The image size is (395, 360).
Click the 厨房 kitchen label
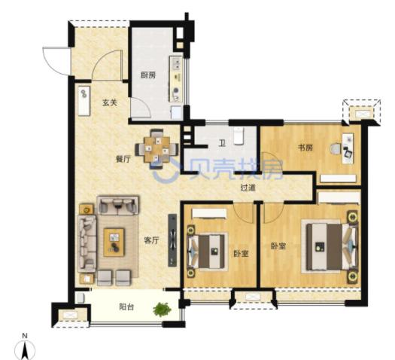point(148,75)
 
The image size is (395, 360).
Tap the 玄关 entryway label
point(110,102)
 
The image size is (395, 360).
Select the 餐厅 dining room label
point(123,159)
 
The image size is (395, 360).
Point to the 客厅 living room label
point(152,240)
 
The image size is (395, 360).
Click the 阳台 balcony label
point(126,307)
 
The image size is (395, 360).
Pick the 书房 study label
point(305,148)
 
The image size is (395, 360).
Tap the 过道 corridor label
point(248,188)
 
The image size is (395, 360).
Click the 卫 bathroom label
point(222,144)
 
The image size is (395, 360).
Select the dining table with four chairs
point(156,148)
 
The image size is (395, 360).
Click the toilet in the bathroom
point(239,136)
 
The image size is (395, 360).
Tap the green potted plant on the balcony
point(162,310)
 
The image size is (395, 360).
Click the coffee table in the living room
point(114,243)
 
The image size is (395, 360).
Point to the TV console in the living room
point(172,240)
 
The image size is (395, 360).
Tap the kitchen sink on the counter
point(177,63)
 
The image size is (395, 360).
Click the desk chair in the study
point(335,148)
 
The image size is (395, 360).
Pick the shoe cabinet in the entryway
point(84,101)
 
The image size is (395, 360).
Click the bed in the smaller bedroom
point(207,252)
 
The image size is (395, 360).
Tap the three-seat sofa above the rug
point(118,205)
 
